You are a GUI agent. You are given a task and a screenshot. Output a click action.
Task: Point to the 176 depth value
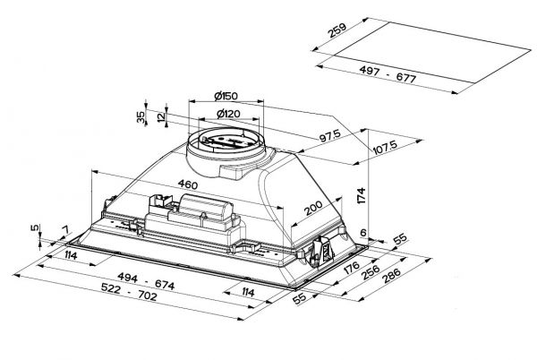point(351,270)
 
